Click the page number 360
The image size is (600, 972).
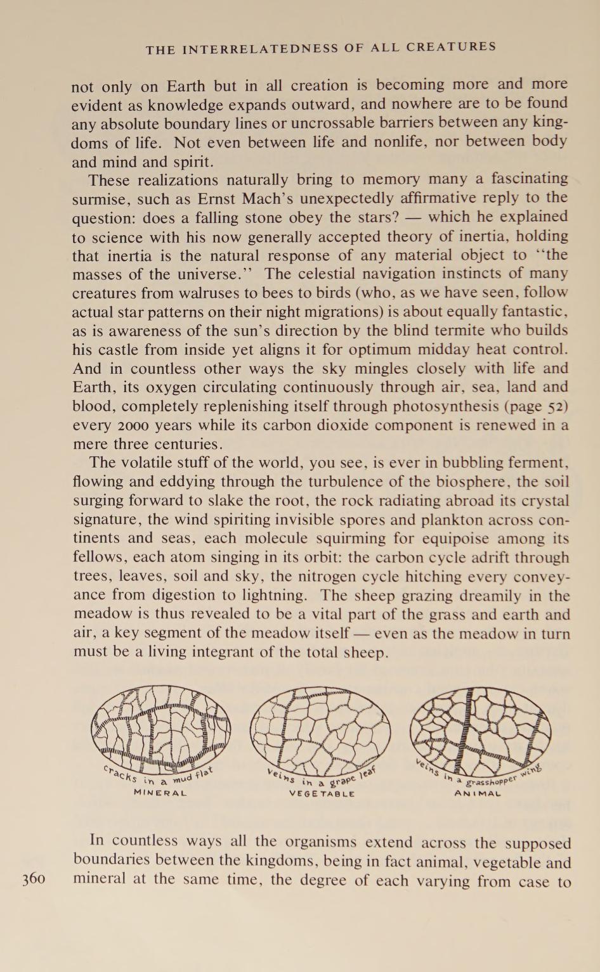pyautogui.click(x=33, y=879)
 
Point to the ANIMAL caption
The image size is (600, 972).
pyautogui.click(x=478, y=793)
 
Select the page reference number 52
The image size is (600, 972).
pyautogui.click(x=553, y=406)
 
